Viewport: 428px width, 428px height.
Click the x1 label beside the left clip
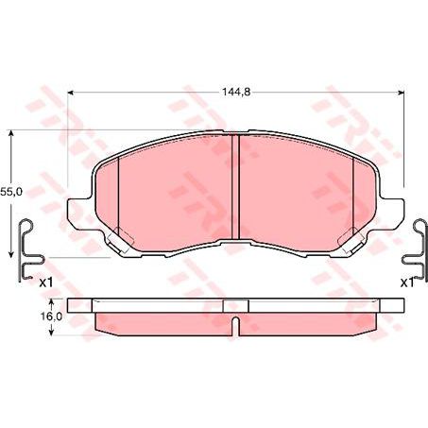(x=44, y=282)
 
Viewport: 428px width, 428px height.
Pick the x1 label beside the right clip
(x=406, y=282)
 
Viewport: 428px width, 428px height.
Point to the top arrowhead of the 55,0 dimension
(x=10, y=136)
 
